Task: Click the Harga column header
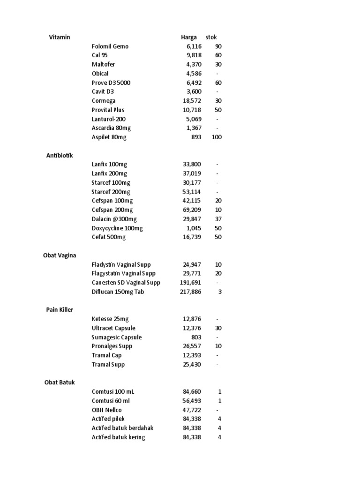point(189,37)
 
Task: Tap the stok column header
point(211,37)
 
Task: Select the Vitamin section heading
point(60,37)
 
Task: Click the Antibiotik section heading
point(60,155)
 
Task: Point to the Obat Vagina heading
point(60,255)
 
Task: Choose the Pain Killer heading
point(60,310)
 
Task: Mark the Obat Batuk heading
point(60,382)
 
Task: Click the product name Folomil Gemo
point(110,46)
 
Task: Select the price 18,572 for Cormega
point(192,101)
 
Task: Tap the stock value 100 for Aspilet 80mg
point(217,137)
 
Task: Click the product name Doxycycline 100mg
point(117,228)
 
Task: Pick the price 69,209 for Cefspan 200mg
point(192,210)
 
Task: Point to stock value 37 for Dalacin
point(218,219)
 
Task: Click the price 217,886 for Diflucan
point(190,292)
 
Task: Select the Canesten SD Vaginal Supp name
point(126,283)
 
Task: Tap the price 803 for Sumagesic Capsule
point(196,337)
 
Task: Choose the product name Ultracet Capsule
point(113,328)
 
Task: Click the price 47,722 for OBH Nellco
point(192,410)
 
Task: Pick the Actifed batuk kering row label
point(119,437)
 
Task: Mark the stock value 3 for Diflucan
point(220,292)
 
